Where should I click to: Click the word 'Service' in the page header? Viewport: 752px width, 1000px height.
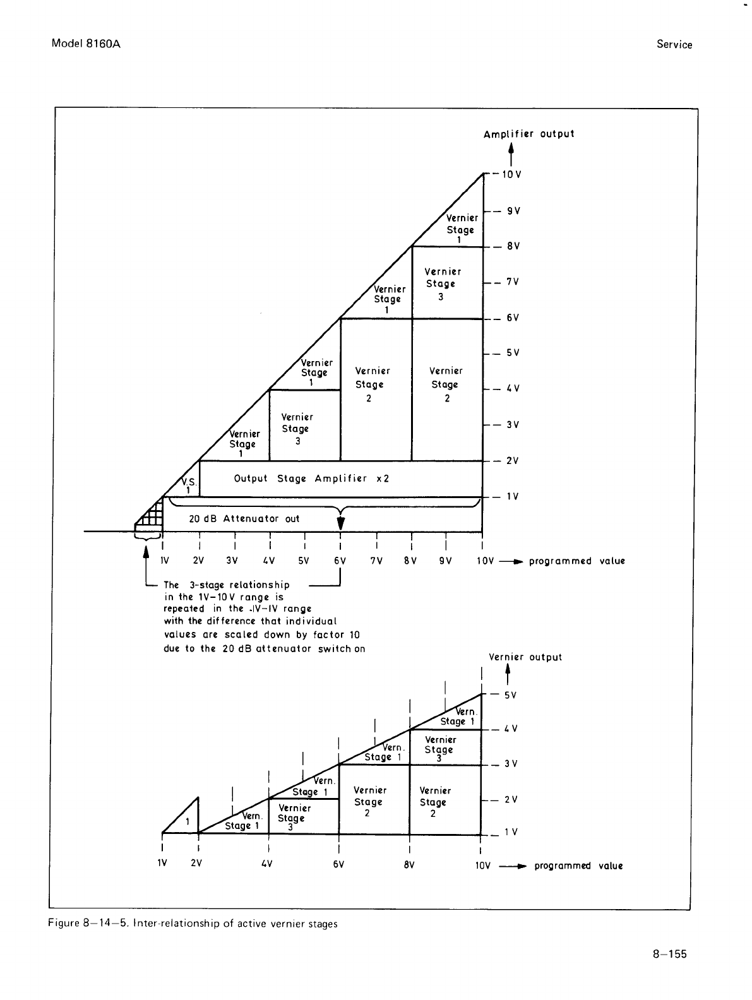click(x=674, y=45)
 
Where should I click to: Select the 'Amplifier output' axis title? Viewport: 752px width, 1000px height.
click(x=528, y=134)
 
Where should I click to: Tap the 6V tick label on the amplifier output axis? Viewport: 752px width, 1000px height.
click(x=512, y=318)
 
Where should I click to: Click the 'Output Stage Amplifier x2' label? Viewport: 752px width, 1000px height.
click(x=311, y=479)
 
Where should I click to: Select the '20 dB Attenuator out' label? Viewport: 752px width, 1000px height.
click(x=244, y=519)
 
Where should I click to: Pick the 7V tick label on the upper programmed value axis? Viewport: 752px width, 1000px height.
click(x=376, y=561)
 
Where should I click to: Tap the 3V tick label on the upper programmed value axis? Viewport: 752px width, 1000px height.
click(x=232, y=561)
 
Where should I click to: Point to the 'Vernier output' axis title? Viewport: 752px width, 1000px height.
click(x=525, y=657)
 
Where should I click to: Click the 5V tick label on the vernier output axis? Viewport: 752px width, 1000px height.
click(x=510, y=695)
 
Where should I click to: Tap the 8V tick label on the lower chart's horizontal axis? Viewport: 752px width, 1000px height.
click(x=409, y=865)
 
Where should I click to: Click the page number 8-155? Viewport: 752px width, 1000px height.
click(x=669, y=954)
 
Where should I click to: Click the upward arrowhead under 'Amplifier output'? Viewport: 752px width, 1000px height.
click(x=511, y=149)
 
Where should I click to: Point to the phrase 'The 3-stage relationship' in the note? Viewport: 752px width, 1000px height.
click(x=226, y=585)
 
